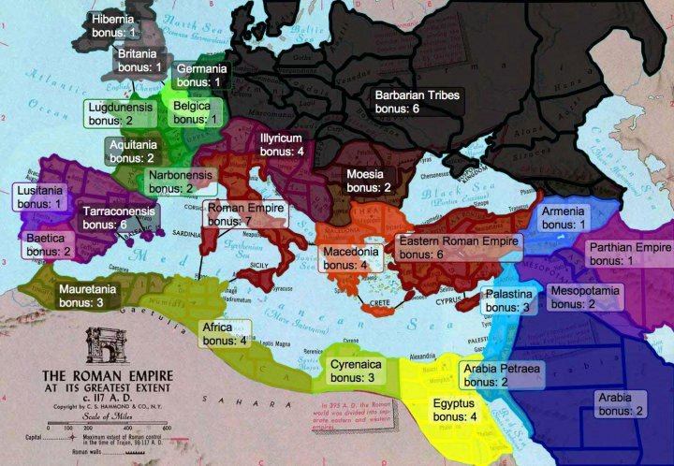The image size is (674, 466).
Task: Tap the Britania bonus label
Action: pyautogui.click(x=139, y=60)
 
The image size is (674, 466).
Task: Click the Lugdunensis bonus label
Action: pyautogui.click(x=123, y=114)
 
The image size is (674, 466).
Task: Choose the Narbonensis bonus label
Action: pyautogui.click(x=182, y=182)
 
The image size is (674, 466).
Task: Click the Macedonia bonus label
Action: pyautogui.click(x=351, y=258)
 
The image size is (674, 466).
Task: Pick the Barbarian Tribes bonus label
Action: pyautogui.click(x=417, y=102)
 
